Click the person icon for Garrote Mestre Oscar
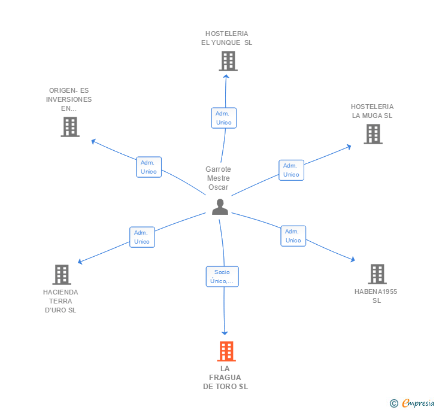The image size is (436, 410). (220, 206)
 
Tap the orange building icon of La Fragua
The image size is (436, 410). (226, 351)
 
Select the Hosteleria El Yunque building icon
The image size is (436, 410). (228, 61)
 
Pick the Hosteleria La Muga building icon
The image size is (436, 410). (373, 134)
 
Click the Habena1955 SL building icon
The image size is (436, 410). (377, 274)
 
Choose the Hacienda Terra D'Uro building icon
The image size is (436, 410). (61, 275)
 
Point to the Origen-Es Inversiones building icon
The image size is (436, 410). (70, 127)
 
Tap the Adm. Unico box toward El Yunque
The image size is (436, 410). (223, 118)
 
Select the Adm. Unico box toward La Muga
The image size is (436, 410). (291, 170)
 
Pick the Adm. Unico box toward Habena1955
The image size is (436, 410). (293, 236)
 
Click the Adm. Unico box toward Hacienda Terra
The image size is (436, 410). (142, 237)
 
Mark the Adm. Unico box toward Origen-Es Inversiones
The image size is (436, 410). (149, 167)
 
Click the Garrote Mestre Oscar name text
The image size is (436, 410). (218, 178)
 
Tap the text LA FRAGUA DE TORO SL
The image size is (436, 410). (225, 378)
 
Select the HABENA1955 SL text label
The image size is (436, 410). (376, 296)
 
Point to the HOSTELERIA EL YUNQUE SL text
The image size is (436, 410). (226, 38)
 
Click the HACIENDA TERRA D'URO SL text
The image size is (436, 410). (60, 301)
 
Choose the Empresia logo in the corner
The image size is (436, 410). (412, 403)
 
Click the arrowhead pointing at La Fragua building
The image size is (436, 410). (225, 332)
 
